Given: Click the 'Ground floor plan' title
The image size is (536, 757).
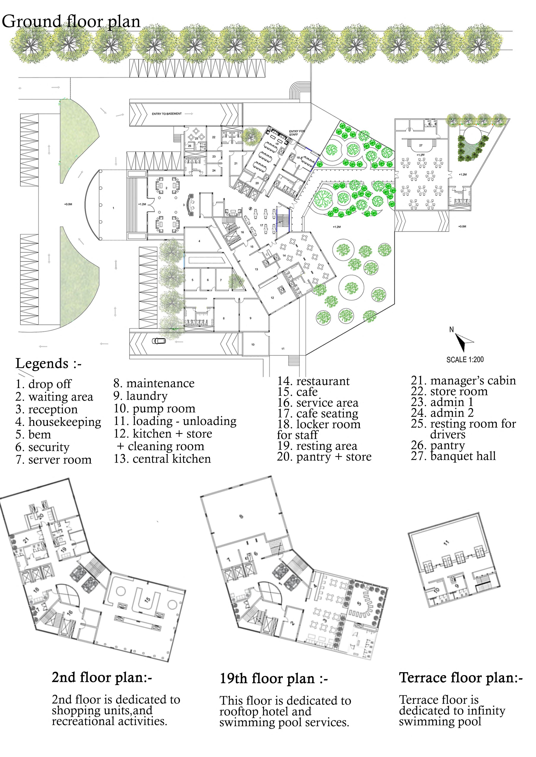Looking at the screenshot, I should point(71,22).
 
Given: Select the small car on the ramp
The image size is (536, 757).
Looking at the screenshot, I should point(159,341).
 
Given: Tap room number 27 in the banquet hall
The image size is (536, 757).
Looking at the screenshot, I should point(421,145).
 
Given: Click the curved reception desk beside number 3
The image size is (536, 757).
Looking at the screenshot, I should point(190,205).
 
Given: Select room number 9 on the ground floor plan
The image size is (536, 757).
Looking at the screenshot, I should point(250,318).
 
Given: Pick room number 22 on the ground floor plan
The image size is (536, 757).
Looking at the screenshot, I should point(214,137).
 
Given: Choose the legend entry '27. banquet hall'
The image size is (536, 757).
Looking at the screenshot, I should point(453,456).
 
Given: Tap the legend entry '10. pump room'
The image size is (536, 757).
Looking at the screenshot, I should point(154,409).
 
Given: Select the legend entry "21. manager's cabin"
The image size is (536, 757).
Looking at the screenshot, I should point(463,381).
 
